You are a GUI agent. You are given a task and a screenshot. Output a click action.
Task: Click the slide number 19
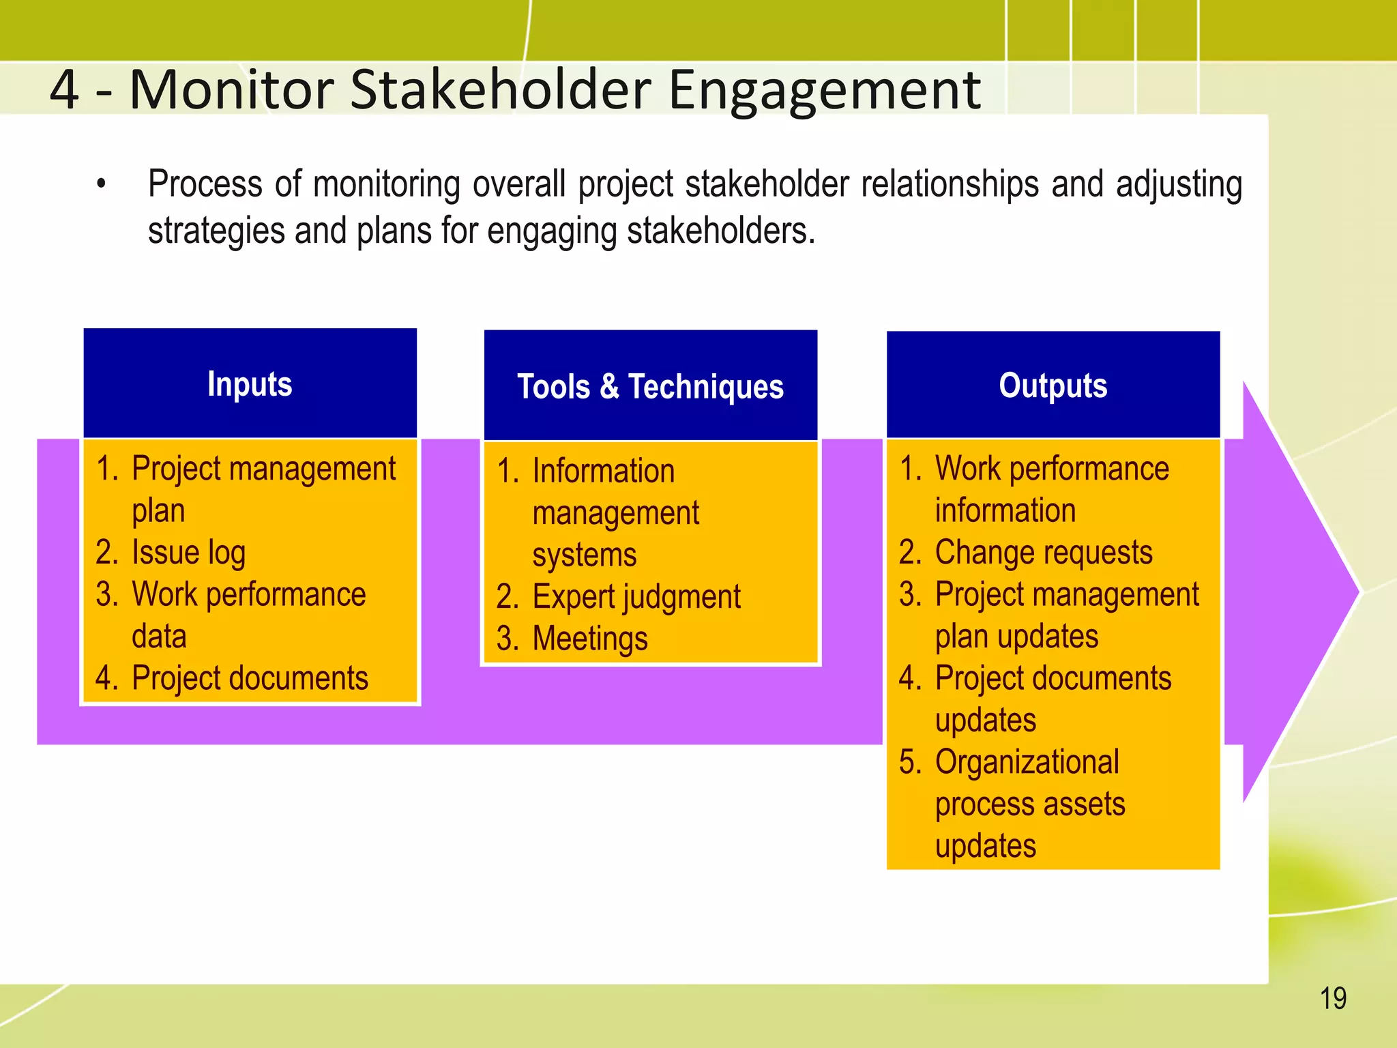(1333, 998)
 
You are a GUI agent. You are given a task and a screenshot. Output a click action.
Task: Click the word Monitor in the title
(232, 89)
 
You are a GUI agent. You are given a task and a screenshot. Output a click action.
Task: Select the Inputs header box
(250, 383)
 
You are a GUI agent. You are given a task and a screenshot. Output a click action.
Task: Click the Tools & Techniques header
(650, 386)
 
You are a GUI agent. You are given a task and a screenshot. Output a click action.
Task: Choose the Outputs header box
(1053, 385)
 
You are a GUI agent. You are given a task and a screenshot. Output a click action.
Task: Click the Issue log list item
(188, 553)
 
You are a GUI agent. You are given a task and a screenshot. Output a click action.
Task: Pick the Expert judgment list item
(636, 597)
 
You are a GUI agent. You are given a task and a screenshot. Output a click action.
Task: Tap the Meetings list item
(589, 639)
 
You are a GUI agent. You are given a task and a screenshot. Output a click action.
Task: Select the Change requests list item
(1043, 553)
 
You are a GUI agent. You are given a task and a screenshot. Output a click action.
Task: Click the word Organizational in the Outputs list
(1027, 762)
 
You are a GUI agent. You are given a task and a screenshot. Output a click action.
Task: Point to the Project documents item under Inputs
(250, 679)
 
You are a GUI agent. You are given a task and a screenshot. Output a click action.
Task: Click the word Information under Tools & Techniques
(603, 471)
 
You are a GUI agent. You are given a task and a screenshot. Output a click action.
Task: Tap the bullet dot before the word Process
(102, 184)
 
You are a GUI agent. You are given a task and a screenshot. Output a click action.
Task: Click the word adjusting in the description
(1179, 185)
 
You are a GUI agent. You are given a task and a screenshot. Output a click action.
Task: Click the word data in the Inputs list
(159, 637)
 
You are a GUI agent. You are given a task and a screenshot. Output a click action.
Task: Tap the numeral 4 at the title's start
(65, 89)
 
